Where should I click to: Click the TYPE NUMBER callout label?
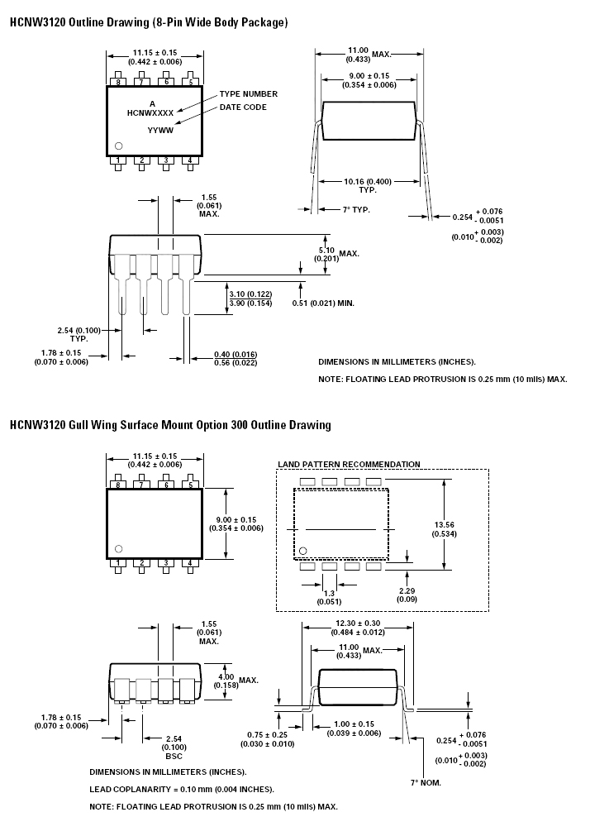pos(248,93)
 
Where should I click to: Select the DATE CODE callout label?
pos(243,107)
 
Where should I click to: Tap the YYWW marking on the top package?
pos(160,130)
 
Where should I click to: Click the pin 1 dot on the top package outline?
pos(119,146)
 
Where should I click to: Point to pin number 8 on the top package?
pos(118,82)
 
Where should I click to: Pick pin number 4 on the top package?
pos(190,160)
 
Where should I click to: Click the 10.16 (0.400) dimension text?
pos(368,181)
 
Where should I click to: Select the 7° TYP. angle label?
pos(356,210)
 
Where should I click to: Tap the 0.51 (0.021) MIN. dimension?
pos(323,303)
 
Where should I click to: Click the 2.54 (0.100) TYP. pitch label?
pos(79,334)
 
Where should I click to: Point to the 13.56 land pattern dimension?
pos(445,529)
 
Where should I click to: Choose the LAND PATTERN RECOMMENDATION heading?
pos(349,465)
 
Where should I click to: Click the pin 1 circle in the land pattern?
pos(303,551)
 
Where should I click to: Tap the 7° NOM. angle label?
pos(426,783)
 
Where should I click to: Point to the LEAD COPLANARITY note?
pos(182,789)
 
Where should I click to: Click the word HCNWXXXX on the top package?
pos(150,113)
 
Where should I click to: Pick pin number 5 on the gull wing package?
pos(190,485)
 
